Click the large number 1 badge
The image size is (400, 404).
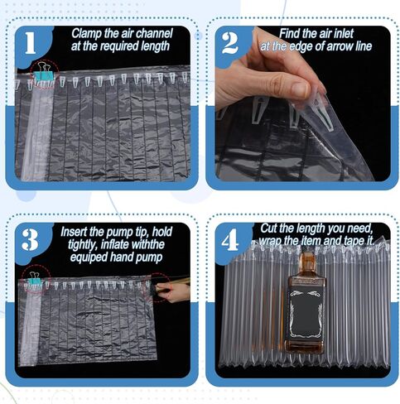[31, 43]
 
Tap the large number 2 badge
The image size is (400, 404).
[230, 43]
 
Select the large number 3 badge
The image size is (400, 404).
[30, 240]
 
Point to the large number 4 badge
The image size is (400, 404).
[230, 240]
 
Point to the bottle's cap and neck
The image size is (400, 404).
[306, 263]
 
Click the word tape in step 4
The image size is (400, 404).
[354, 241]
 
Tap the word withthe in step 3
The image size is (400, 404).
[147, 244]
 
